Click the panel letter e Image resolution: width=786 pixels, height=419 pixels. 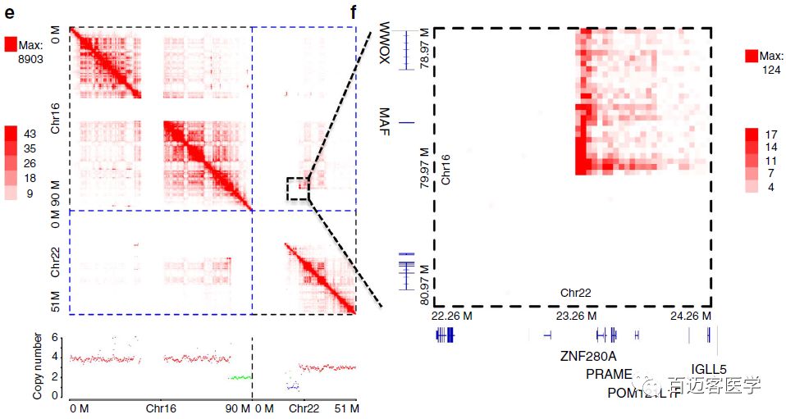pos(7,11)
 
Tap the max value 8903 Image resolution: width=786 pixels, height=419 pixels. pos(30,60)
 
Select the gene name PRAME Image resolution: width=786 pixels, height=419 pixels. pos(609,374)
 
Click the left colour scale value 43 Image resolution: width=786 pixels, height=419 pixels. pos(30,133)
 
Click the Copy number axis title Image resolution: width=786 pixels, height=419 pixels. pos(38,366)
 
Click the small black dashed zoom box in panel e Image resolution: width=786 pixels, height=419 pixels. pos(299,188)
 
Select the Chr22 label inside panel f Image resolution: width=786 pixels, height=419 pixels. pos(576,291)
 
